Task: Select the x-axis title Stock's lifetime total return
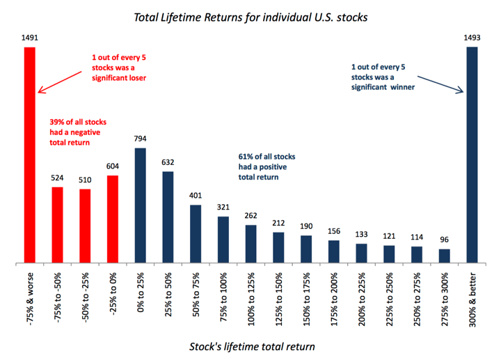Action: pyautogui.click(x=250, y=346)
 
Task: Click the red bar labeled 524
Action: pyautogui.click(x=57, y=225)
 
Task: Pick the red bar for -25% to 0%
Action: pyautogui.click(x=112, y=219)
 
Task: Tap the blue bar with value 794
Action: pyautogui.click(x=140, y=205)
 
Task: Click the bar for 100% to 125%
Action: pyautogui.click(x=250, y=244)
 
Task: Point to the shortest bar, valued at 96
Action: pyautogui.click(x=444, y=256)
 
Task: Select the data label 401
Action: pyautogui.click(x=196, y=195)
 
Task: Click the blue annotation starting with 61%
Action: pyautogui.click(x=269, y=166)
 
